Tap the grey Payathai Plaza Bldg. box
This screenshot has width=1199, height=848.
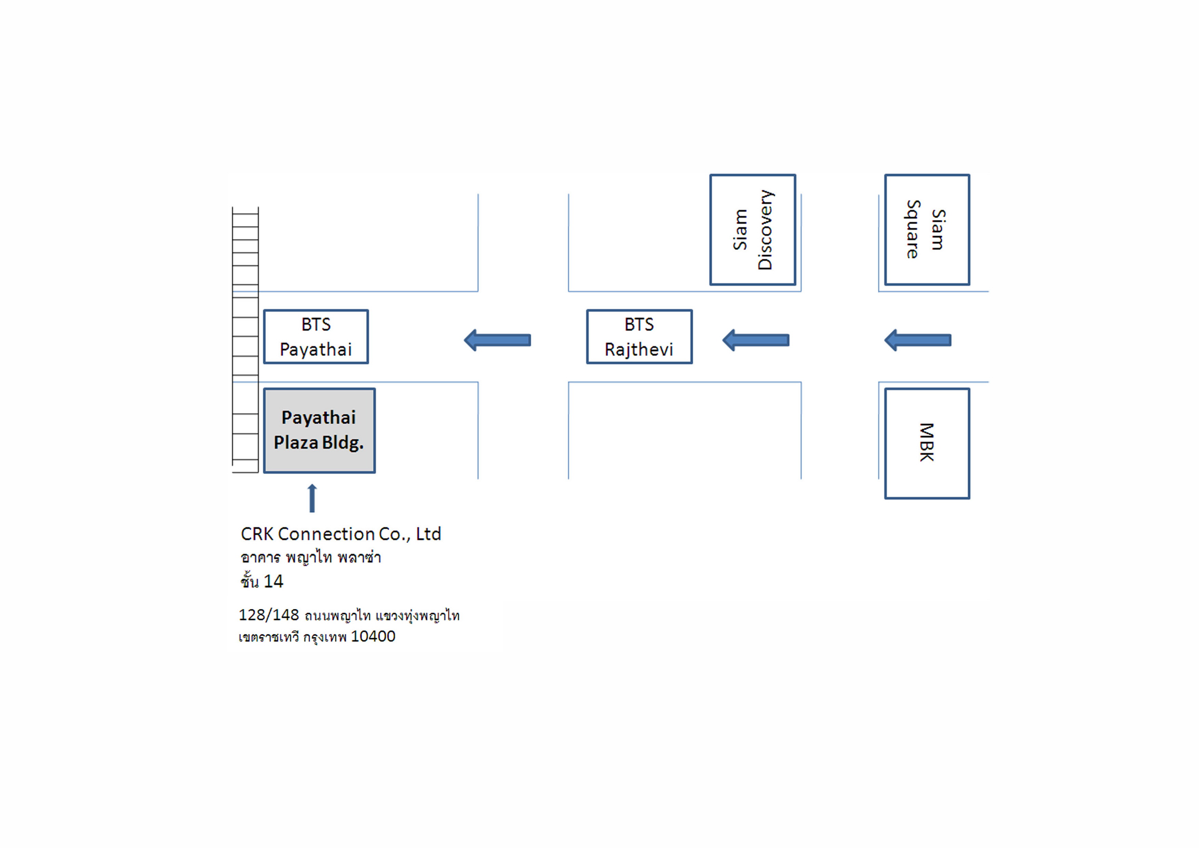pos(319,430)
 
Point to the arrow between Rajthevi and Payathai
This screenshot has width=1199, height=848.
pos(497,340)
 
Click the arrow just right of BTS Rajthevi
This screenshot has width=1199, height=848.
pos(756,340)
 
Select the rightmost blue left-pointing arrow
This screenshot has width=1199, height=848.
pos(917,340)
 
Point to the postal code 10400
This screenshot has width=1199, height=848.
pos(373,636)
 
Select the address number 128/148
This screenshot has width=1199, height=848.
pos(269,615)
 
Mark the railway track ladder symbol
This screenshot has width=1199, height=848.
pos(245,340)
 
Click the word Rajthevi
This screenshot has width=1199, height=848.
pos(639,349)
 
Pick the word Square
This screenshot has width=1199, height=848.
pos(913,229)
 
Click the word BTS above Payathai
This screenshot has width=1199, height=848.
pos(316,324)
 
